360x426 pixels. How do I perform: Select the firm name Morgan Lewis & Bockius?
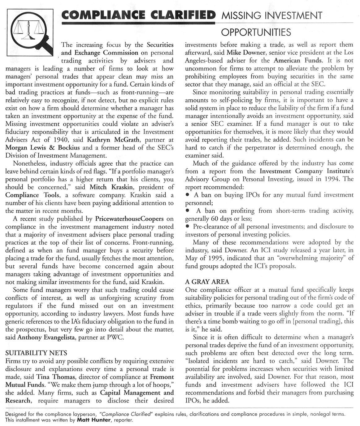pos(43,148)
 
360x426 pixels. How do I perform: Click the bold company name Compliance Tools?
pos(27,195)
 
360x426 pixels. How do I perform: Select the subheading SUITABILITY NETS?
pos(36,353)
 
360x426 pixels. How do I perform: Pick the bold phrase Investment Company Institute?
pos(303,171)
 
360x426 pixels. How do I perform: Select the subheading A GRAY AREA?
pos(207,282)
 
